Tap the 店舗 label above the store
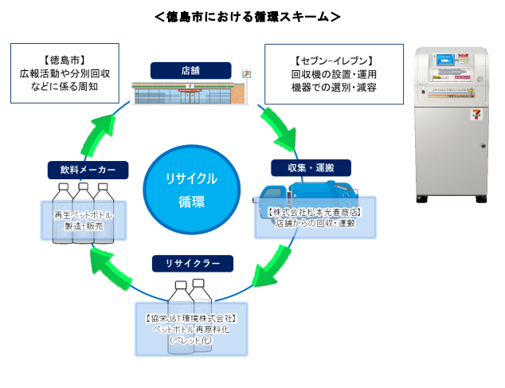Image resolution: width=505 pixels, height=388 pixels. [190, 71]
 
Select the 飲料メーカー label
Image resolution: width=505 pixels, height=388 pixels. [88, 170]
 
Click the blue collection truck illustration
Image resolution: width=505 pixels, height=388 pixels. [307, 197]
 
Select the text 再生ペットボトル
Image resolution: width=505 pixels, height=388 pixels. [83, 216]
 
